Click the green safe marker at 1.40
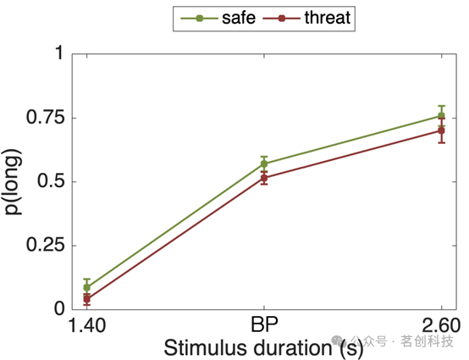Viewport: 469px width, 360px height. pos(86,288)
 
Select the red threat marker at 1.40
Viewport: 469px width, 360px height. pos(86,299)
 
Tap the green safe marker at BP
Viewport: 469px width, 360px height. pos(264,163)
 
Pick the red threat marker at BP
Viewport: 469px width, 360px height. pos(264,178)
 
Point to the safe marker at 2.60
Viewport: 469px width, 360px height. pos(441,115)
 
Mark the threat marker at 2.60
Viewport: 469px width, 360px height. pos(441,130)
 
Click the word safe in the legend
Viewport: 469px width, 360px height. pos(239,18)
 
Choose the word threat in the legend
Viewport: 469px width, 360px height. pos(328,18)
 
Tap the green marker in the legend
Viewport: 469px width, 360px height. pos(199,19)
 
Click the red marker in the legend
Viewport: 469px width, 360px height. pos(281,19)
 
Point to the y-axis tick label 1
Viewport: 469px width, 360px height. pos(60,53)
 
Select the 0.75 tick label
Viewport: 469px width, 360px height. pos(46,117)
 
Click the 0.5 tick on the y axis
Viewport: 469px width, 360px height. pos(51,180)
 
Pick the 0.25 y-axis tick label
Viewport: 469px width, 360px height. pos(46,245)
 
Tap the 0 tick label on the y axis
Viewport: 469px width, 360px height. pos(59,308)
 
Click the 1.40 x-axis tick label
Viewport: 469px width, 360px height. pos(87,325)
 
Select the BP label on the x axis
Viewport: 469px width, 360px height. pos(264,324)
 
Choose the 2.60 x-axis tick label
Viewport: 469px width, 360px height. pos(441,325)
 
